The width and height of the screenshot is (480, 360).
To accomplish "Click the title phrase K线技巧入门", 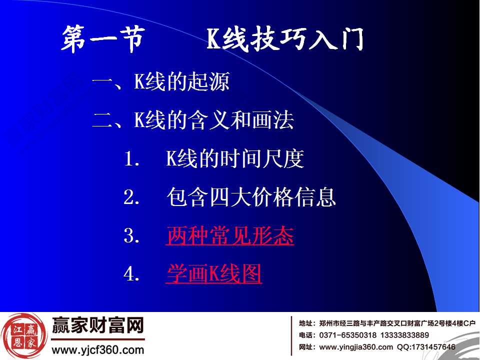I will tap(285, 40).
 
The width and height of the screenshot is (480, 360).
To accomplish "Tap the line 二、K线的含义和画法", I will tap(193, 120).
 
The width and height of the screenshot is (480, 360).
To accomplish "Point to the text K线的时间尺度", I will tap(235, 159).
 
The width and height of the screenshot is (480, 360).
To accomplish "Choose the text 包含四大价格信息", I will tap(251, 197).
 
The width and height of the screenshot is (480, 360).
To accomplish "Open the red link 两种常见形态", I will tap(229, 236).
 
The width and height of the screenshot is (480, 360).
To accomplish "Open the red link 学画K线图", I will tap(213, 274).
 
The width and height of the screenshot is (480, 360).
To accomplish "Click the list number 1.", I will tap(130, 160).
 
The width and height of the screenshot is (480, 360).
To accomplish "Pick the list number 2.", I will tap(130, 198).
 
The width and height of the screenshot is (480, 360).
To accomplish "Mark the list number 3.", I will tap(130, 236).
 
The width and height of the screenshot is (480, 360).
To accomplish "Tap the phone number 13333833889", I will tap(404, 335).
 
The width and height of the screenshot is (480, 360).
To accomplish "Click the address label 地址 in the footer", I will tap(306, 323).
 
